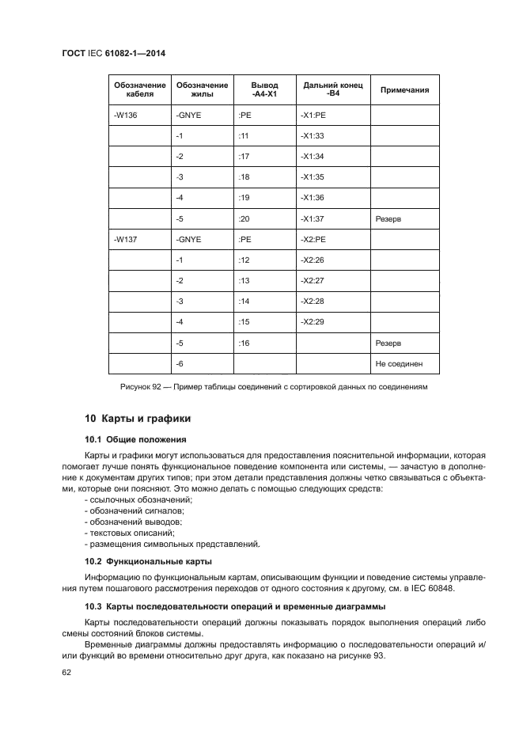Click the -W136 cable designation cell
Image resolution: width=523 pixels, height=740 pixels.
[126, 116]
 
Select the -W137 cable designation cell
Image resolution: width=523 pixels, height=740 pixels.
[126, 239]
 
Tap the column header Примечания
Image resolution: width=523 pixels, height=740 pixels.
[405, 90]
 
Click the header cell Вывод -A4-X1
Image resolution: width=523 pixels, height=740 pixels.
[264, 90]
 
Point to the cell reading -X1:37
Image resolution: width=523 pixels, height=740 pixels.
[313, 218]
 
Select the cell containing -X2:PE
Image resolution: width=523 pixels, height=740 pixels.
[313, 239]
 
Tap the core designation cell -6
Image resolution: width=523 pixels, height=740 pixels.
[180, 363]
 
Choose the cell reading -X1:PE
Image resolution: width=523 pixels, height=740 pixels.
[313, 116]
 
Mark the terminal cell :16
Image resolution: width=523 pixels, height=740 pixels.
[244, 343]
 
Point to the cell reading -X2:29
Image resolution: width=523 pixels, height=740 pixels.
[313, 322]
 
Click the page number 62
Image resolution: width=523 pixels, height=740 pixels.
[66, 672]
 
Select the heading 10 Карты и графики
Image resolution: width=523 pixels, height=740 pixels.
[138, 419]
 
